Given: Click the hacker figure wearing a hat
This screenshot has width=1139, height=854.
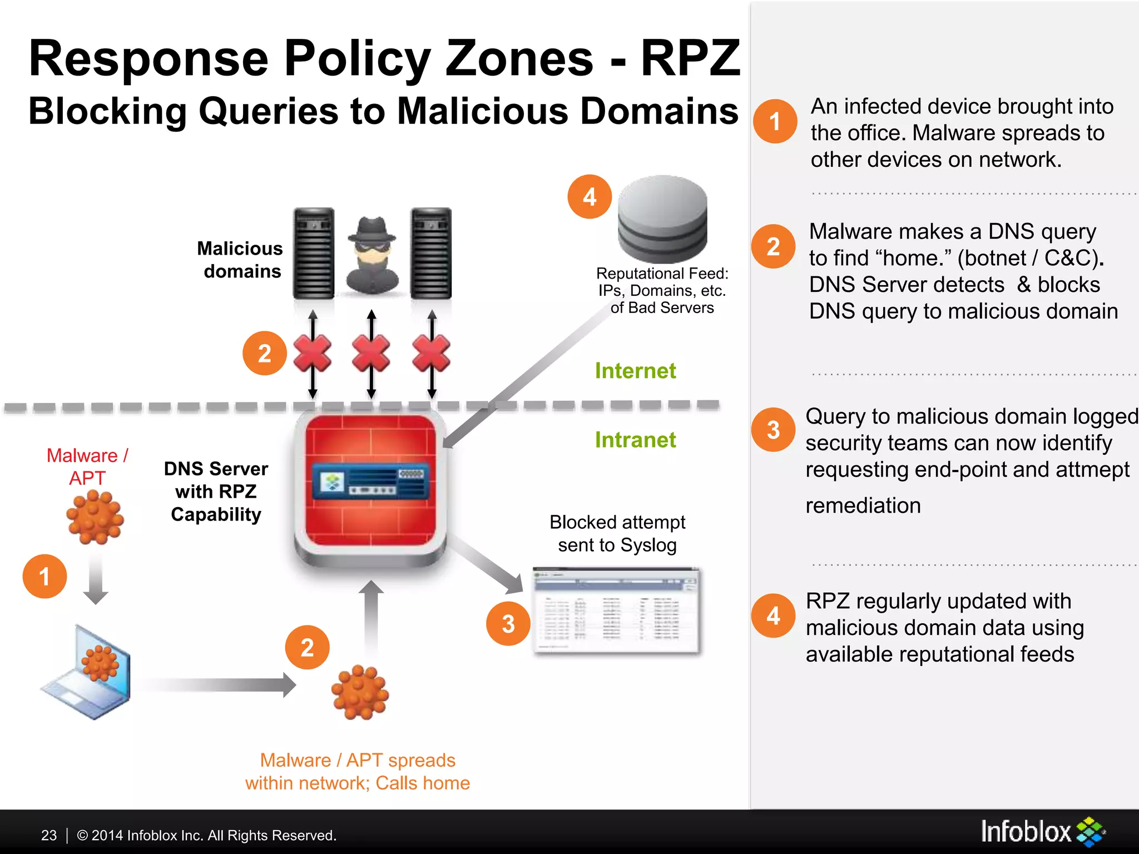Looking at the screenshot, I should pyautogui.click(x=372, y=255).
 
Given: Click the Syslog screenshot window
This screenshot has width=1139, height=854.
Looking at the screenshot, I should pyautogui.click(x=616, y=610).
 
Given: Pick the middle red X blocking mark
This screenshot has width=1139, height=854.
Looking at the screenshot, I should pyautogui.click(x=371, y=354).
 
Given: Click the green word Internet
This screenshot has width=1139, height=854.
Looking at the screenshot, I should pyautogui.click(x=635, y=371).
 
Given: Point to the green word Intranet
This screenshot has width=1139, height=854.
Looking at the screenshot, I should pyautogui.click(x=635, y=440).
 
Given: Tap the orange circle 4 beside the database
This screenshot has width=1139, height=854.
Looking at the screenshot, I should pyautogui.click(x=590, y=197).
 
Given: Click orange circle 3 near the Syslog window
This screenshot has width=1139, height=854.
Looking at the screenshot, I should pyautogui.click(x=508, y=624).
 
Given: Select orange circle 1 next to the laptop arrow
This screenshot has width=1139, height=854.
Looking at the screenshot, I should pyautogui.click(x=44, y=576).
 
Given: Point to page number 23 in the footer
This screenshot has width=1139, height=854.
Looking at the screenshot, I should pyautogui.click(x=49, y=835).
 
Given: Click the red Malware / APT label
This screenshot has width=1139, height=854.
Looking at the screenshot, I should pyautogui.click(x=87, y=466).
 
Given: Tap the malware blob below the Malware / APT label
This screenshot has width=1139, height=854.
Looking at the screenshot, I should pyautogui.click(x=95, y=517).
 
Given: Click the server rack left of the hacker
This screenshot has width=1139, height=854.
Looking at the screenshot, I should pyautogui.click(x=314, y=253).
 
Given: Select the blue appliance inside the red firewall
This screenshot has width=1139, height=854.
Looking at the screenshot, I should pyautogui.click(x=371, y=480).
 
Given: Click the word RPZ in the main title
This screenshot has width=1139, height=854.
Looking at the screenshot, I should pyautogui.click(x=690, y=58).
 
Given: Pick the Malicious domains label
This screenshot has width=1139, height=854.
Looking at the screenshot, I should pyautogui.click(x=240, y=260).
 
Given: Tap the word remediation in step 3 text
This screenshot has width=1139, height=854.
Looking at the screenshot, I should pyautogui.click(x=863, y=505).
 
